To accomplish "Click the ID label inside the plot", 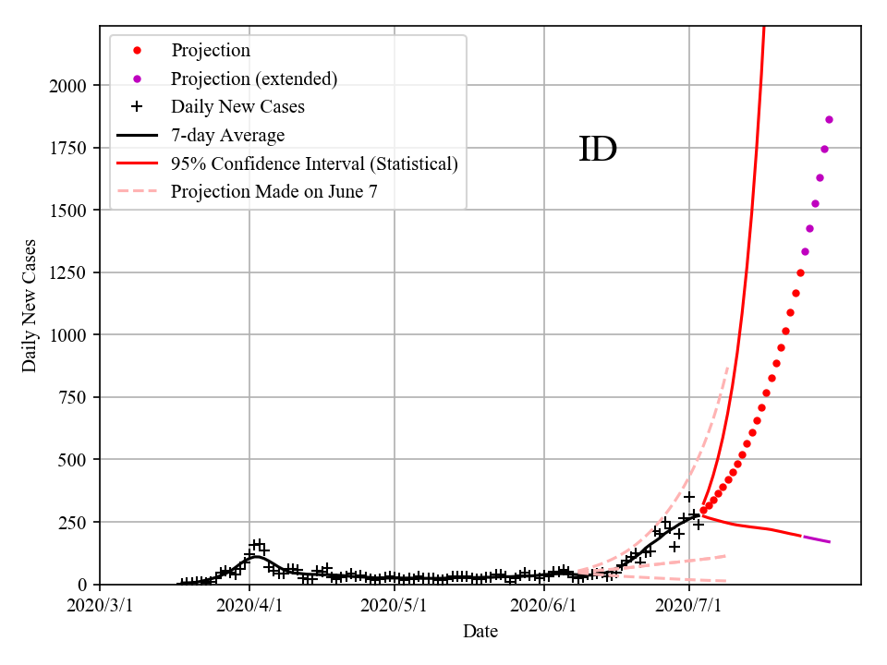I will pos(597,150).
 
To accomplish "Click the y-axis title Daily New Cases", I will pos(30,306).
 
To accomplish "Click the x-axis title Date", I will pos(480,632).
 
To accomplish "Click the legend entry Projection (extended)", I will pos(254,79).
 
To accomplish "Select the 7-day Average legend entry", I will pos(227,135).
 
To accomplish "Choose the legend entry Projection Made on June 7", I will pos(274,191).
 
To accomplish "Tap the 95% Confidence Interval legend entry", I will pos(314,163).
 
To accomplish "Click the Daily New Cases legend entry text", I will pos(237,107).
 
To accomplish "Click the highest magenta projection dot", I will pos(829,119).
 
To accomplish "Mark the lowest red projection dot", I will pos(703,510).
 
